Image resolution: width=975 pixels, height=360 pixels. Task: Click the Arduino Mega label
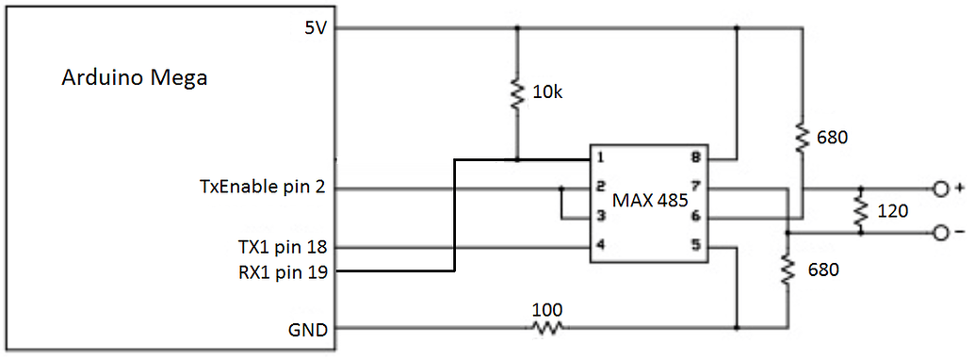pyautogui.click(x=134, y=78)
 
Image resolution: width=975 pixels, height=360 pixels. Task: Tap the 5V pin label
pyautogui.click(x=315, y=28)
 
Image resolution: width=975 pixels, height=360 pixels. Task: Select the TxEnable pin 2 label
pyautogui.click(x=255, y=188)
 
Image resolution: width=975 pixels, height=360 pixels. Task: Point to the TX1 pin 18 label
pyautogui.click(x=282, y=247)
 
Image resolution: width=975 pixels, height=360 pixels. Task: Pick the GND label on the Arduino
pyautogui.click(x=309, y=330)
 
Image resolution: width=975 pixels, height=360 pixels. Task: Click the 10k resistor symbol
pyautogui.click(x=516, y=93)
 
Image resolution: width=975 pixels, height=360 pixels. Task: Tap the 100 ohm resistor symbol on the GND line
pyautogui.click(x=547, y=329)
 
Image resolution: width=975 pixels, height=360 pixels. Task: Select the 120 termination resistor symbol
pyautogui.click(x=859, y=211)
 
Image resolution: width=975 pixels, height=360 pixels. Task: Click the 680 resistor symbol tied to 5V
pyautogui.click(x=802, y=138)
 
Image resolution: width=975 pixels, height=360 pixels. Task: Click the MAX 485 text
pyautogui.click(x=648, y=200)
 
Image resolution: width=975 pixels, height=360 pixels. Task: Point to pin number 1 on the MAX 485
pyautogui.click(x=599, y=157)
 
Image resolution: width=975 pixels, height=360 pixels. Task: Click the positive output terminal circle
pyautogui.click(x=939, y=189)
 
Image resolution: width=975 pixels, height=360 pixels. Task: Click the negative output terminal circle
pyautogui.click(x=939, y=233)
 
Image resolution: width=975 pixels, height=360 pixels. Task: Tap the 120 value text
pyautogui.click(x=892, y=211)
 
